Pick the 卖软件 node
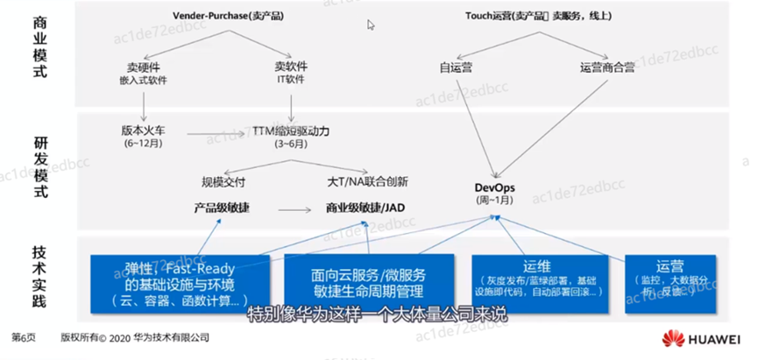coord(290,67)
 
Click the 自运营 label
coord(457,67)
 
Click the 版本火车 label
coord(143,131)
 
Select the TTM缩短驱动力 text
coord(291,131)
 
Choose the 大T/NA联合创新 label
coord(366,183)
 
